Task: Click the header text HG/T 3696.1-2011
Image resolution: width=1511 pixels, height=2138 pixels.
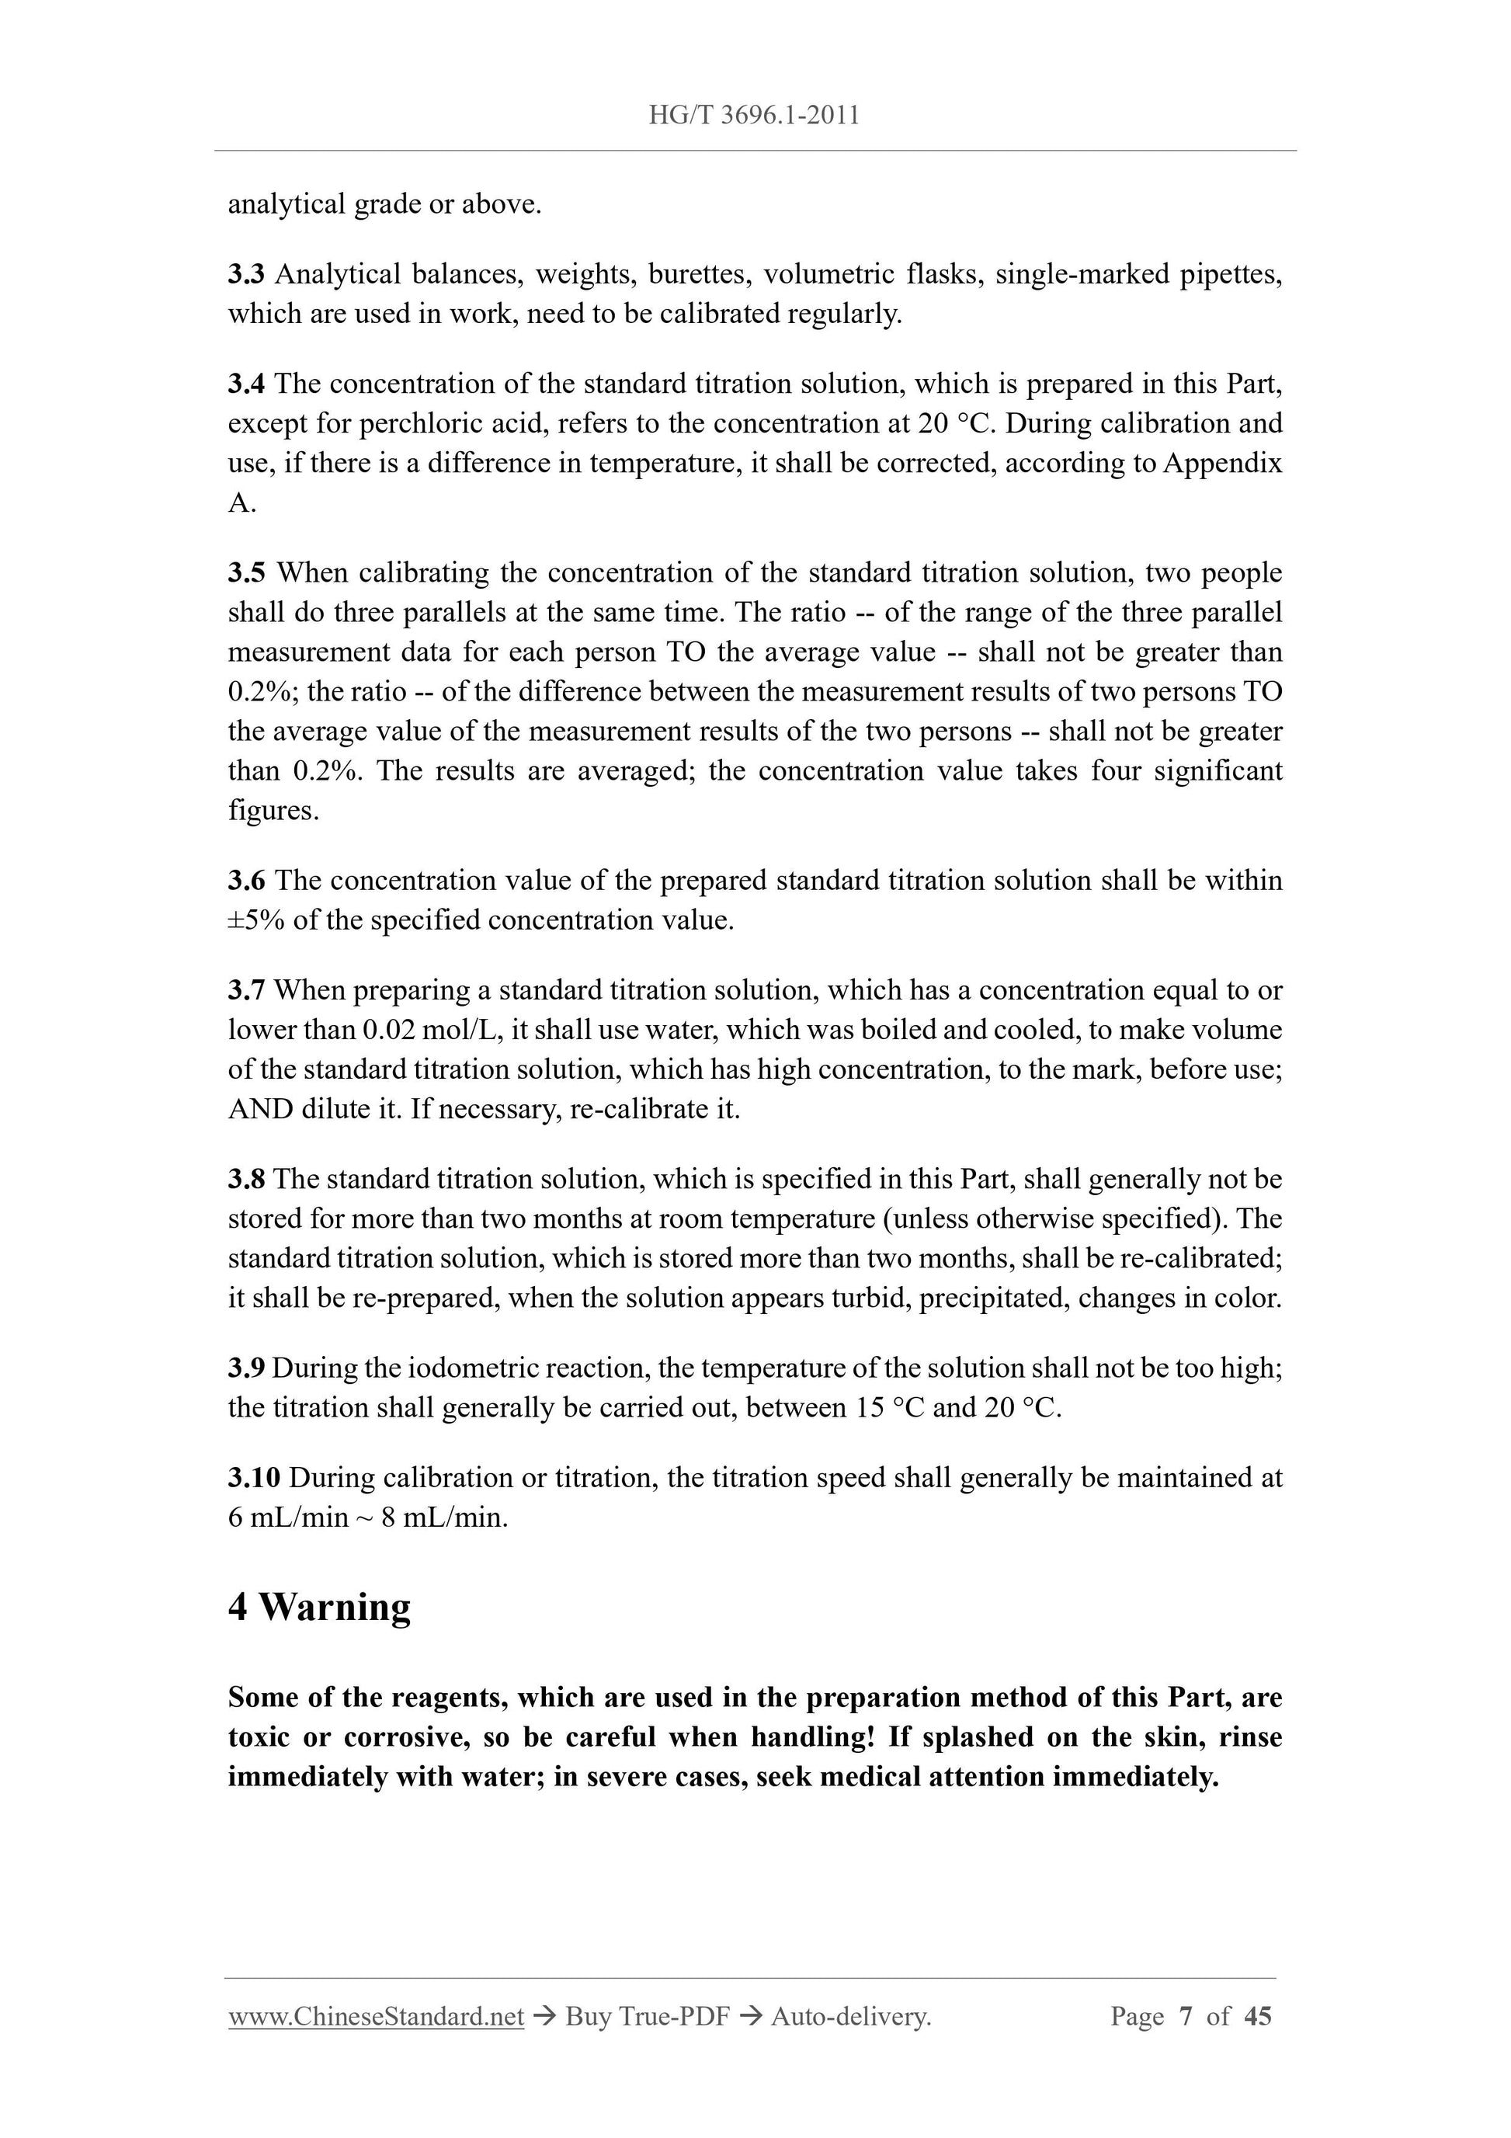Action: [x=753, y=116]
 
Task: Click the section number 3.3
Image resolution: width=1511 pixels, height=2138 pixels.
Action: [x=247, y=275]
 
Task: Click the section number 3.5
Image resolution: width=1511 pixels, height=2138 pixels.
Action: [x=247, y=572]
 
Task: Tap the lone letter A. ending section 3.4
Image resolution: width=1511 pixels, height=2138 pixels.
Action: [x=241, y=504]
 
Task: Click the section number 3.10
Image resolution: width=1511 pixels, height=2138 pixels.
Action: [x=254, y=1478]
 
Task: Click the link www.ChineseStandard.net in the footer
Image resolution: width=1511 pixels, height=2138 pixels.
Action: [x=376, y=2017]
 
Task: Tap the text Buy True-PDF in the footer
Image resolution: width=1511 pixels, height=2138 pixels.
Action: [x=647, y=2017]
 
